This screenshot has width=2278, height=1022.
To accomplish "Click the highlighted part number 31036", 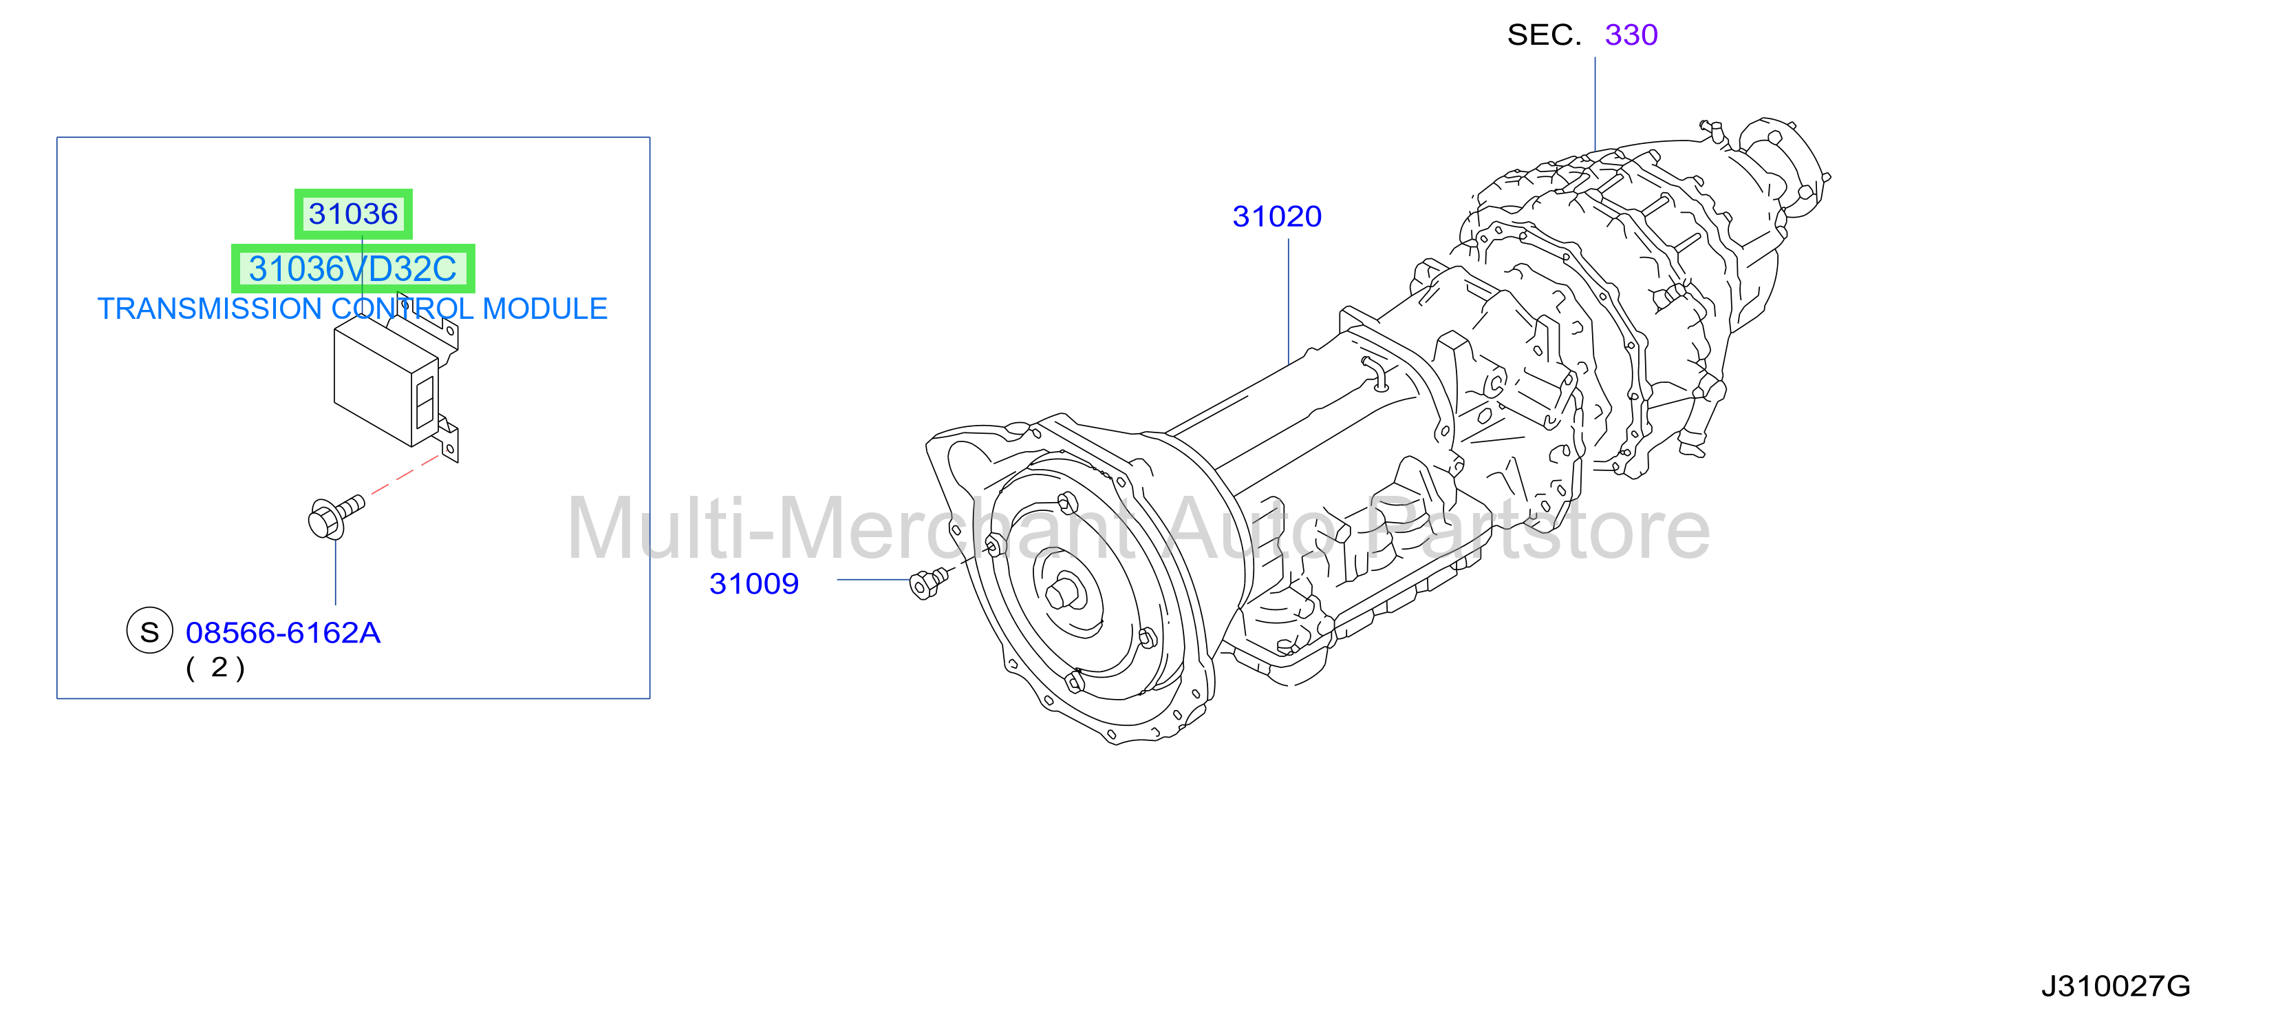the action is (353, 214).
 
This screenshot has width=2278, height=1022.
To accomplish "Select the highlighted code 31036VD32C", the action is (353, 269).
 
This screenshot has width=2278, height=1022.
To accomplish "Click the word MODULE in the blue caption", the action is (545, 309).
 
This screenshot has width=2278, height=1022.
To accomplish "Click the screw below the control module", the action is (335, 515).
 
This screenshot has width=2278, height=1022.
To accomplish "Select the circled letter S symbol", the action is (149, 631).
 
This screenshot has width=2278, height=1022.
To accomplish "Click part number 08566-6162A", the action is (283, 633).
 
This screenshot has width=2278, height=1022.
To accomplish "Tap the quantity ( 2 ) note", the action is (215, 667).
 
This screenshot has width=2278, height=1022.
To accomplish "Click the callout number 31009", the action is (753, 584).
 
